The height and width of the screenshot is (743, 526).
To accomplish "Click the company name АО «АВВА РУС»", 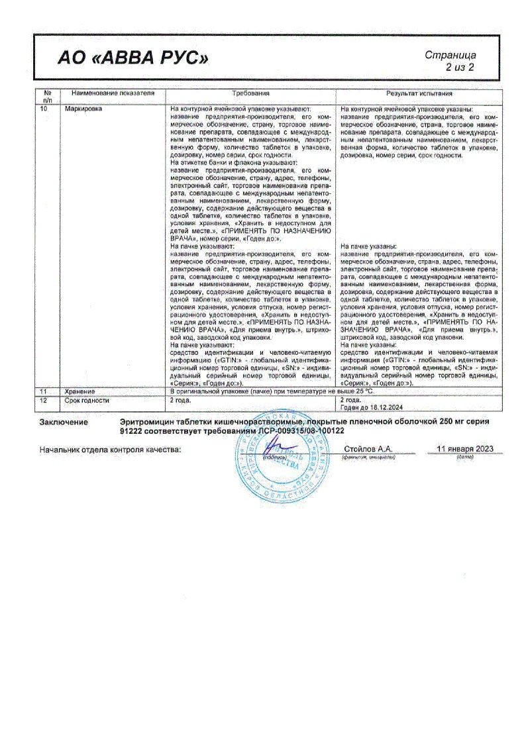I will coord(132,59).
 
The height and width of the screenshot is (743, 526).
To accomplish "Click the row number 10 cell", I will coord(44,108).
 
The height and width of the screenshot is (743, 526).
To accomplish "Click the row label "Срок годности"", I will coord(87,401).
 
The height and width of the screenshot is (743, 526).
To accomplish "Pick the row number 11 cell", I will coord(44,393).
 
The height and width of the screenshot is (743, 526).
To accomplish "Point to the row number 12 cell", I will coord(44,401).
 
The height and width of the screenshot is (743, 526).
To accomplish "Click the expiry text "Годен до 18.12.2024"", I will coord(374,407).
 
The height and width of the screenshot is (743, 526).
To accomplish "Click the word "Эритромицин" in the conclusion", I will coord(150,421).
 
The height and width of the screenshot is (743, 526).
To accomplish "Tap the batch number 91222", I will coord(134,430).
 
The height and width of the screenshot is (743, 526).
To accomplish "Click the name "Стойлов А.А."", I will coord(368,449).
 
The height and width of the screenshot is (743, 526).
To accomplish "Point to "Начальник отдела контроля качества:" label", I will coord(110,450).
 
